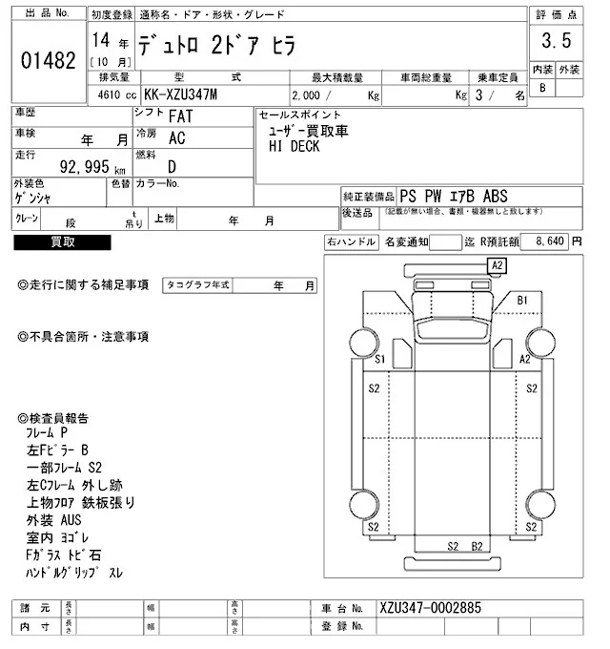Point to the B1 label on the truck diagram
point(522,301)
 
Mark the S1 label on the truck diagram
point(379,360)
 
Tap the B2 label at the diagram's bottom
point(478,547)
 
